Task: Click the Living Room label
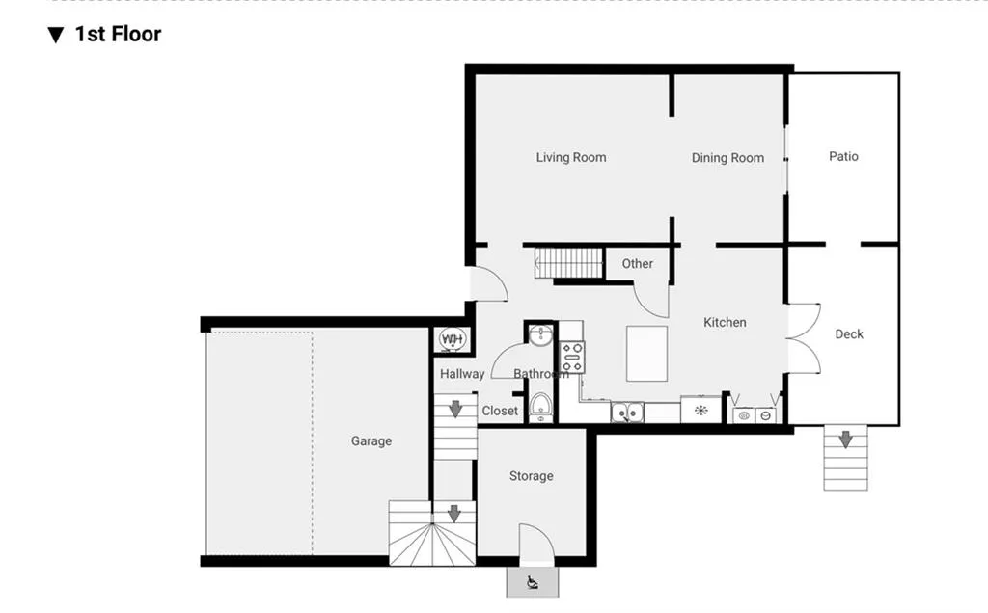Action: point(571,157)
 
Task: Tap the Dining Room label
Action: point(727,158)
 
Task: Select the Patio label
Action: point(843,156)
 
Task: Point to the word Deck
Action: point(849,334)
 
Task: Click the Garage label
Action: point(371,441)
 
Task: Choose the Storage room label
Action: point(532,476)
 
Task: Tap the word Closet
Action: point(500,411)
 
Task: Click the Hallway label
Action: point(462,374)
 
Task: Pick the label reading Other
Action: point(637,263)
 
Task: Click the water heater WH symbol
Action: point(453,339)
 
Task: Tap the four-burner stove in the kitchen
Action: point(572,357)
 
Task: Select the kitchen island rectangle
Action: point(646,353)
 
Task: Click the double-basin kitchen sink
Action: point(627,413)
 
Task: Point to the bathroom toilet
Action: point(540,406)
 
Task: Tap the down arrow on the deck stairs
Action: point(845,440)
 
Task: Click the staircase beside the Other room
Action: point(569,262)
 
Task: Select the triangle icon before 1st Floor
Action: point(56,36)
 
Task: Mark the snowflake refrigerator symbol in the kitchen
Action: point(700,412)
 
